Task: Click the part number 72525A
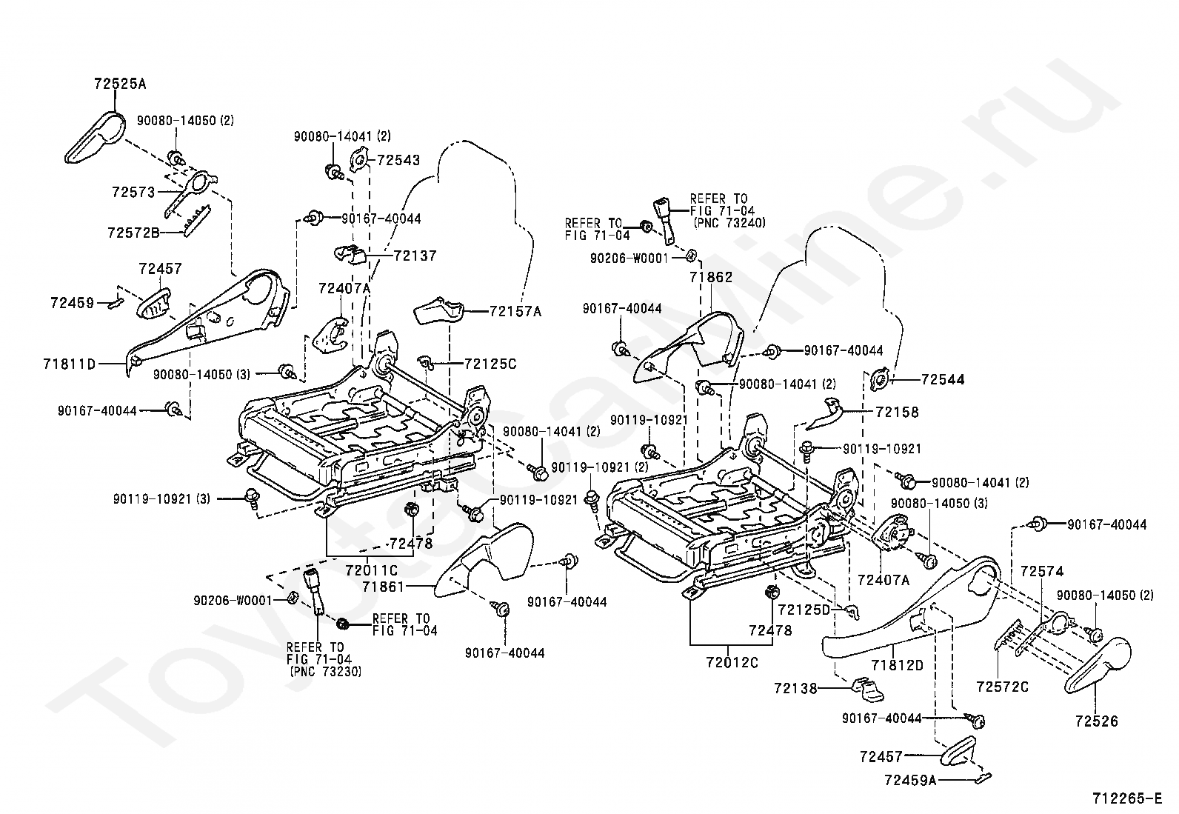tap(120, 83)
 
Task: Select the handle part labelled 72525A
tap(96, 138)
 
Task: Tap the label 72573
tap(134, 192)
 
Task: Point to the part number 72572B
tap(134, 232)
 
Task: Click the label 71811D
tap(70, 363)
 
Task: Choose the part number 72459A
tap(910, 780)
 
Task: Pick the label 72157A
tap(515, 311)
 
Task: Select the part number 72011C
tap(372, 570)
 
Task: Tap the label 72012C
tap(732, 662)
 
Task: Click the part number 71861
tap(383, 586)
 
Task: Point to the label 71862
tap(711, 277)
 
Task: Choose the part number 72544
tap(943, 379)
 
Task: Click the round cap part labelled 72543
tap(358, 159)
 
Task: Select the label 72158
tap(898, 412)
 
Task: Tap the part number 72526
tap(1097, 721)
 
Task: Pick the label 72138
tap(795, 688)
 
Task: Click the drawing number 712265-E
tap(1127, 798)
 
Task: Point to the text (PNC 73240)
tap(729, 223)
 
